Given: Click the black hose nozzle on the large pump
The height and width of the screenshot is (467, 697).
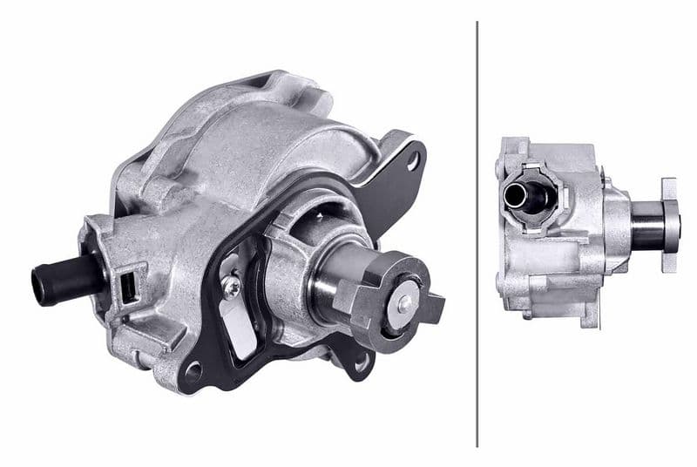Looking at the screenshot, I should pyautogui.click(x=65, y=278).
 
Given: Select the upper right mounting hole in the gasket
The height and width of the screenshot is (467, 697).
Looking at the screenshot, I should pyautogui.click(x=413, y=159).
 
